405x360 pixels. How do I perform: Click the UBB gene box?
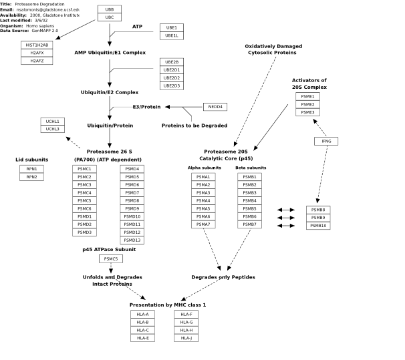(x=110, y=9)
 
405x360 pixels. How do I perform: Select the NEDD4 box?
(x=215, y=107)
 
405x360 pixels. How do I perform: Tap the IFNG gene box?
(x=326, y=141)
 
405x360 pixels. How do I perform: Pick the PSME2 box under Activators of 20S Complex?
(x=307, y=104)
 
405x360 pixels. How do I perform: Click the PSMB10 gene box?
(x=318, y=226)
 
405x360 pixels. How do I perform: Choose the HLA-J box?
(x=186, y=338)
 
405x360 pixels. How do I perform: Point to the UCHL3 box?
(x=52, y=129)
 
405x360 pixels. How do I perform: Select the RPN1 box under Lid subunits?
(x=32, y=169)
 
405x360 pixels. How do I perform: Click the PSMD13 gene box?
(x=132, y=240)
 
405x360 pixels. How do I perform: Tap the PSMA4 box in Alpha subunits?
(x=203, y=201)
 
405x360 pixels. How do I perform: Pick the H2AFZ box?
(x=37, y=61)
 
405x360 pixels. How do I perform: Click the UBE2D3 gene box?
(x=172, y=86)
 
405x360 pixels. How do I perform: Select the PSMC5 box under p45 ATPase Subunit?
(x=111, y=259)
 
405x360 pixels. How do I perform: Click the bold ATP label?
(x=137, y=27)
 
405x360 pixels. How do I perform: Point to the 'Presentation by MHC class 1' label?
(x=168, y=305)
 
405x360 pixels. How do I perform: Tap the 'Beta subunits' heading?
(x=251, y=168)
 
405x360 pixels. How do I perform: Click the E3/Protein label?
(x=147, y=107)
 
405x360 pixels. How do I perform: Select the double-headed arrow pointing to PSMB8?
(x=286, y=210)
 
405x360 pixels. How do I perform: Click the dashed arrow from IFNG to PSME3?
(x=319, y=128)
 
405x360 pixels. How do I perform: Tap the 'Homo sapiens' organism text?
(x=40, y=26)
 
